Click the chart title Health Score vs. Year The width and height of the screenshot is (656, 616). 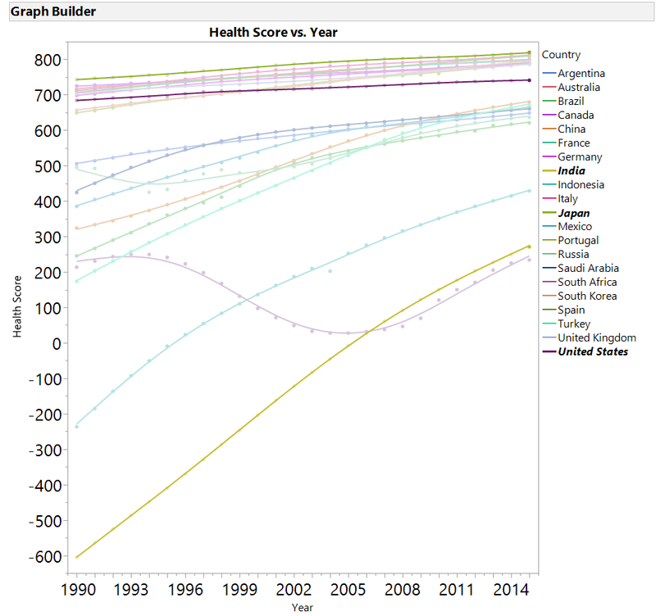click(273, 32)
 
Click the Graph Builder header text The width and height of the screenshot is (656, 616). click(52, 11)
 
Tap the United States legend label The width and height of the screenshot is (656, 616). click(593, 351)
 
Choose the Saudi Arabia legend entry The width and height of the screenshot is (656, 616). click(588, 268)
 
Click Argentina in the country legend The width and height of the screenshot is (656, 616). click(581, 73)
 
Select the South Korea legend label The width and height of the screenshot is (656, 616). click(587, 296)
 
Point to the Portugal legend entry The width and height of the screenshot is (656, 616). click(578, 240)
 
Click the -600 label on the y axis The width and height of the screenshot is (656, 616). click(43, 556)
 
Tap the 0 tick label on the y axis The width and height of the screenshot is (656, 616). click(56, 343)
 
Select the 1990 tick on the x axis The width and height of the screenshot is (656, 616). click(77, 589)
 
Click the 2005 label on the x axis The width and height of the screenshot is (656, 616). click(348, 589)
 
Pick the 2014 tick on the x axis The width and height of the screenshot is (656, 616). click(510, 589)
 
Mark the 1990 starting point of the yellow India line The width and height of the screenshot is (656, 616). click(77, 557)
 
